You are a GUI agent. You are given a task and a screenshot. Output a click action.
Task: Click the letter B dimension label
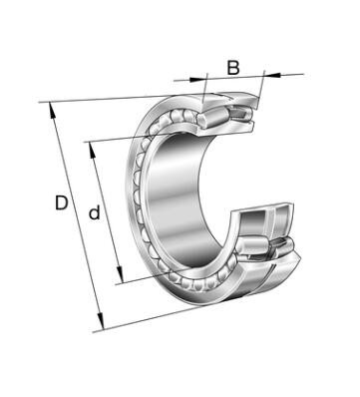[233, 67]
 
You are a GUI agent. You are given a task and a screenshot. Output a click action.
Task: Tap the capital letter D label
[62, 202]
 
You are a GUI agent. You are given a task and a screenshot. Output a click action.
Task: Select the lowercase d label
[95, 212]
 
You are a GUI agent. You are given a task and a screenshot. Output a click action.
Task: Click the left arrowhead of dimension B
[198, 79]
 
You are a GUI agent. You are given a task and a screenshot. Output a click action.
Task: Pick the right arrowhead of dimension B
[272, 75]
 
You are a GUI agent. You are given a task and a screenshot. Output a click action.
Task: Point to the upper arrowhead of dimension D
[52, 110]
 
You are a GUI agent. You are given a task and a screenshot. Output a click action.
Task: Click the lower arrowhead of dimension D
[101, 320]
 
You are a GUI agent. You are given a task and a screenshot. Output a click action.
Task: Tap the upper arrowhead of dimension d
[93, 150]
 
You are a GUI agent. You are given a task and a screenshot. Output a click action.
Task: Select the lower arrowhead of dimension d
[120, 274]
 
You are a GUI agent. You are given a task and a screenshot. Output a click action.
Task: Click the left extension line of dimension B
[204, 88]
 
